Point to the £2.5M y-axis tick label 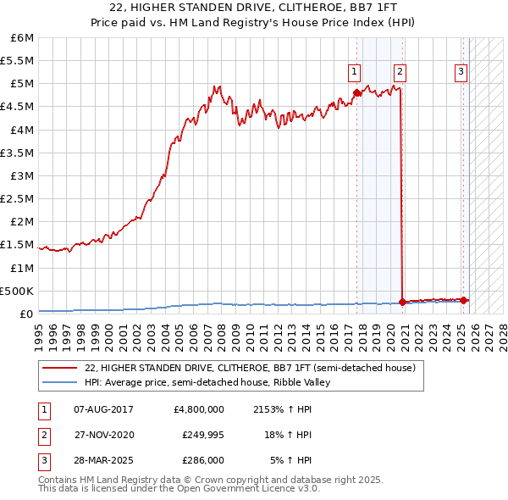coord(17,199)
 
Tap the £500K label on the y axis coord(17,291)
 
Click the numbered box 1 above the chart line coord(354,72)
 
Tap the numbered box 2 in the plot coord(399,72)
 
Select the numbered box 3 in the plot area coord(461,72)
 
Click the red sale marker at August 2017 coord(356,92)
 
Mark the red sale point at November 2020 coord(402,302)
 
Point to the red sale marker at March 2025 coord(464,300)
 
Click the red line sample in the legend coord(60,369)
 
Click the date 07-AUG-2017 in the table coord(103,409)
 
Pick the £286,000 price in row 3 coord(203,460)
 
